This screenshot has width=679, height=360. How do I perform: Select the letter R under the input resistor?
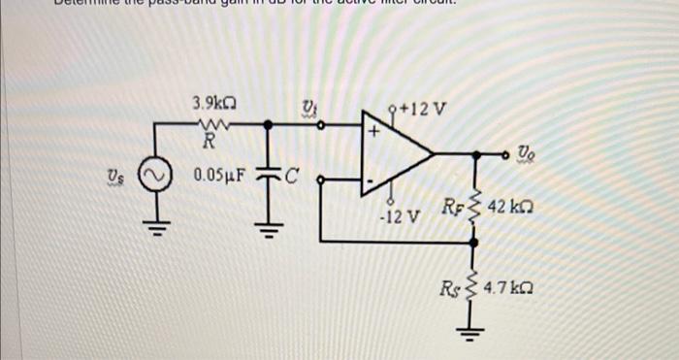pos(208,141)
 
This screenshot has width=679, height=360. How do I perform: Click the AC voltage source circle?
pos(153,179)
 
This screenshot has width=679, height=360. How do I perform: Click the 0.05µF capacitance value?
pos(222,177)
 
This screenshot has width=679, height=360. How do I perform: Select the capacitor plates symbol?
pos(269,179)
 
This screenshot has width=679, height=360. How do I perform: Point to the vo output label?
pos(525,151)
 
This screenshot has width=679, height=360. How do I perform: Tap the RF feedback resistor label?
pos(453,207)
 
